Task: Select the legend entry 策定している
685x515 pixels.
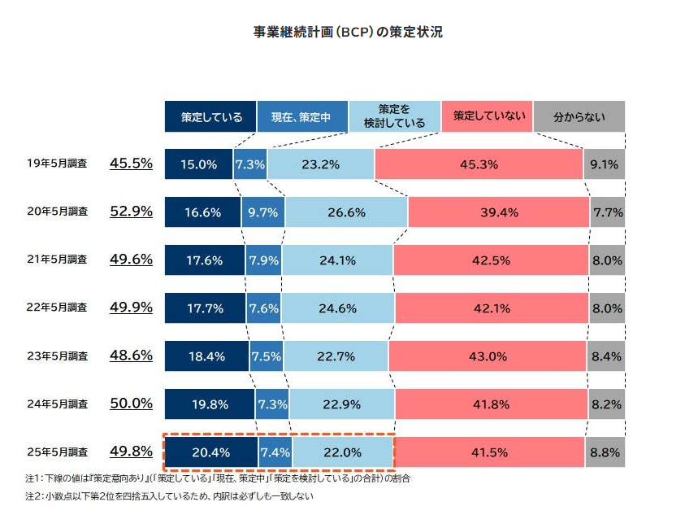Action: click(x=211, y=116)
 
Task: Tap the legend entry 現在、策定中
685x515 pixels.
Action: click(x=302, y=116)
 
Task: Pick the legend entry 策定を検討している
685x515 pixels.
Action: click(x=395, y=116)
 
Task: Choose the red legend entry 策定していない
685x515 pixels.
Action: click(x=488, y=116)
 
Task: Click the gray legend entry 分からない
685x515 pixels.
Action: click(x=579, y=116)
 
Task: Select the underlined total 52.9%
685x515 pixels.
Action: click(x=131, y=212)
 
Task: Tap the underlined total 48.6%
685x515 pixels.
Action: click(x=131, y=356)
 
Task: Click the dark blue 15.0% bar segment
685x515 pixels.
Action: click(x=198, y=164)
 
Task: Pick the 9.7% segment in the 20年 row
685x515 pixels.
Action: click(x=262, y=212)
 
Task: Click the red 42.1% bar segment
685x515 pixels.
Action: click(x=492, y=308)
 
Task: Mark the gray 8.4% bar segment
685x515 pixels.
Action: click(x=605, y=356)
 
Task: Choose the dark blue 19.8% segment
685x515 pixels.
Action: click(x=210, y=404)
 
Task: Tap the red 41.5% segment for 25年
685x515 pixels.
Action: click(x=489, y=452)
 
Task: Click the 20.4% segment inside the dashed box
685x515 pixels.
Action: click(x=211, y=452)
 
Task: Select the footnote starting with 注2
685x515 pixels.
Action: click(x=169, y=495)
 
